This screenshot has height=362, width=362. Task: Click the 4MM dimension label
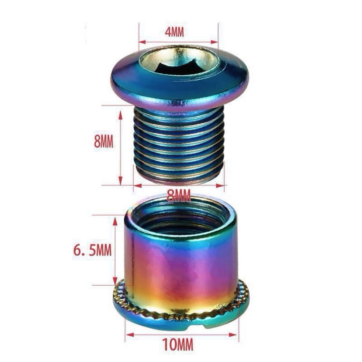click(174, 33)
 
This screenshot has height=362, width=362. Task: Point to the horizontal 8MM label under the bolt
click(179, 196)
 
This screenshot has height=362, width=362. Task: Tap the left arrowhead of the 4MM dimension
click(142, 42)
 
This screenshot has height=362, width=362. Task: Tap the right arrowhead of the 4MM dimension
click(214, 42)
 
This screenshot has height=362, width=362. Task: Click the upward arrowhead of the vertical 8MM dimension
click(120, 116)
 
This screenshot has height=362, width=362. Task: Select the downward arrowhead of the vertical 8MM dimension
click(120, 181)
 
